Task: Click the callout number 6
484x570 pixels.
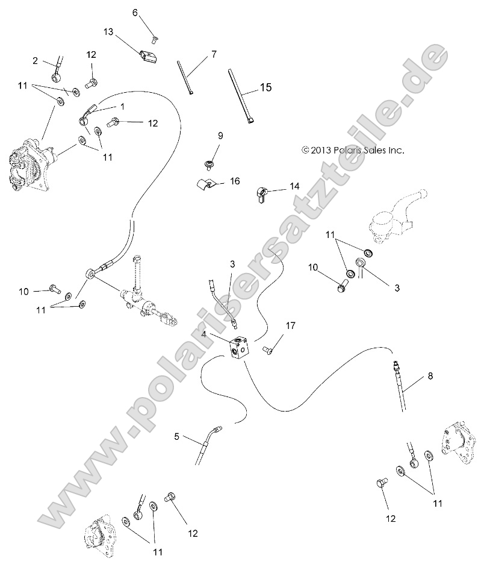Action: coord(135,12)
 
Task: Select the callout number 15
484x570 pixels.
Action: coord(265,88)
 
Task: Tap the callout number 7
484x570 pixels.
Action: coord(213,55)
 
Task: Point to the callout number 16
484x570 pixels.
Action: coord(235,181)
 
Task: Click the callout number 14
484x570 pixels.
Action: coord(294,187)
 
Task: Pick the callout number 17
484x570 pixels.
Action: coord(291,326)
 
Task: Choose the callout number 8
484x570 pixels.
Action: coord(430,376)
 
